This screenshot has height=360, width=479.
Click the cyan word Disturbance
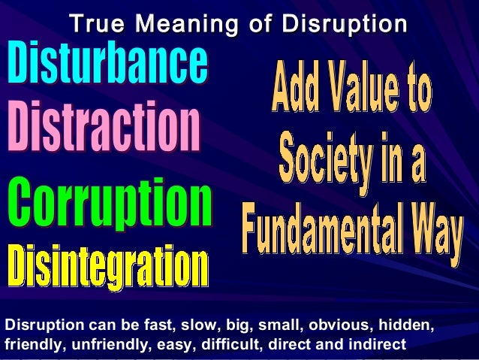point(107,65)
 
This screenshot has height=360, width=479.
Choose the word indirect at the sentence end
point(379,346)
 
